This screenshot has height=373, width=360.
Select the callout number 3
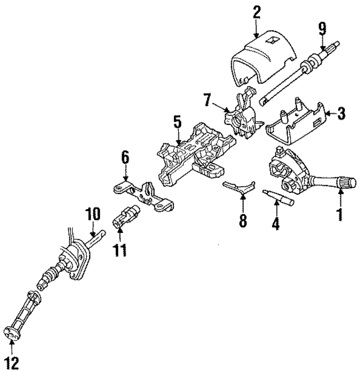[x=341, y=115]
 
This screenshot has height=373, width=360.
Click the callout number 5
[x=177, y=122]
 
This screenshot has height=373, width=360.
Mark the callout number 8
[x=243, y=221]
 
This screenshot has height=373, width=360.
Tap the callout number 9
[x=322, y=28]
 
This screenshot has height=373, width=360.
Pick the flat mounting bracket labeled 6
[x=143, y=194]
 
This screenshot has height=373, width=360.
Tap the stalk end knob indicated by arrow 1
[x=346, y=183]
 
